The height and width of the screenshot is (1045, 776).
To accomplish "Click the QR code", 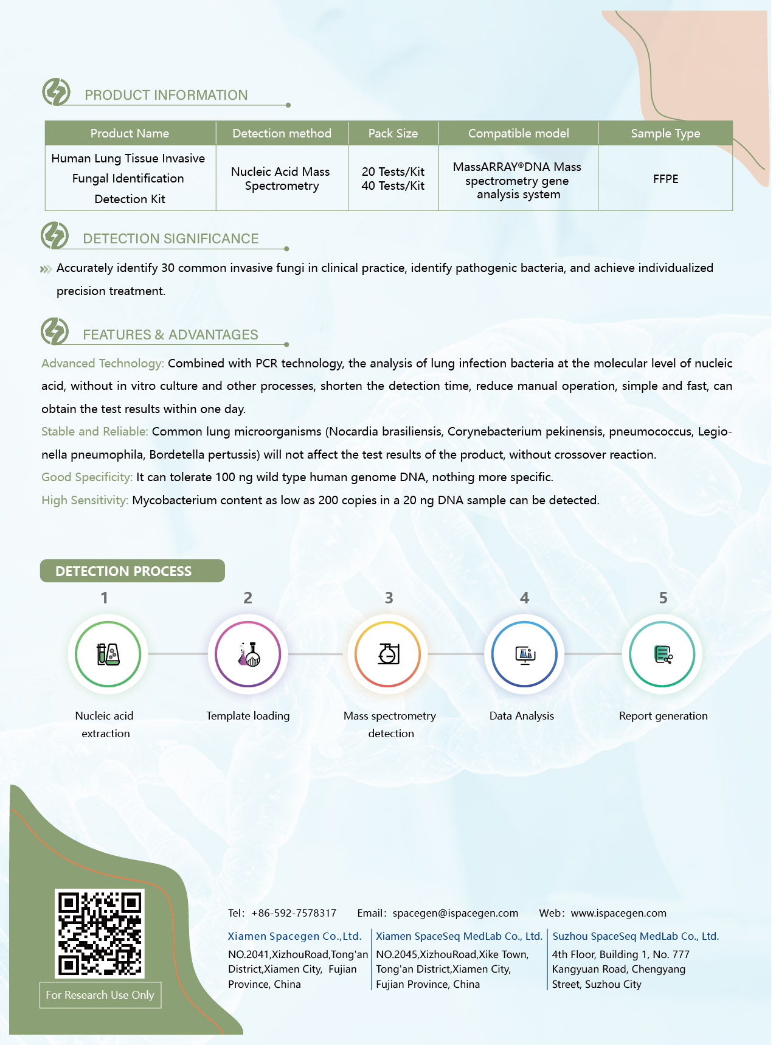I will pos(100,933).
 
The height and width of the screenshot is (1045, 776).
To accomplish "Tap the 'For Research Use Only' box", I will pos(100,995).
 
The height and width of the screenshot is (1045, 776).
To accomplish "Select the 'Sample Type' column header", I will pos(665,133).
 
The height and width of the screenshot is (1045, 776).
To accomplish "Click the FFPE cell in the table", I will pos(665,179).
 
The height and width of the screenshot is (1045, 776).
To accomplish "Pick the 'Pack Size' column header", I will pos(393,133).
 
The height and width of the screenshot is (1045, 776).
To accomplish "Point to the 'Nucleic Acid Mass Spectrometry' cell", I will pos(281,179).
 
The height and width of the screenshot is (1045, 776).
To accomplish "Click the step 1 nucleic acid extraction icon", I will pos(108,654).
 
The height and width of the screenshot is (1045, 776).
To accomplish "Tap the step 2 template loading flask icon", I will pos(248,654).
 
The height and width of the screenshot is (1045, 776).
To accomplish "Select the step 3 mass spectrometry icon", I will pos(388,654).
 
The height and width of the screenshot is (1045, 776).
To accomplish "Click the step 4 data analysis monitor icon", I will pos(524,654).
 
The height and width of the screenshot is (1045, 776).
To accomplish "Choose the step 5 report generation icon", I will pos(662,654).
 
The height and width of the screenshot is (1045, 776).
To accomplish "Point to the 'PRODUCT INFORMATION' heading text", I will pos(166,95).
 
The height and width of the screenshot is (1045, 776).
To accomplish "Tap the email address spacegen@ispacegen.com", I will pos(456,913).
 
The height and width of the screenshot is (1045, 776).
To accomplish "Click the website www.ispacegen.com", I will pos(618,913).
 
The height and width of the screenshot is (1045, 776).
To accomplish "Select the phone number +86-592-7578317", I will pos(294,913).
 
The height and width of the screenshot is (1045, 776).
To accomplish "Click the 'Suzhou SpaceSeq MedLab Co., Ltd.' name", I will pos(636,936).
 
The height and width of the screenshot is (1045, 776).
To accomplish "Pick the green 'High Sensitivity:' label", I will pos(85,501).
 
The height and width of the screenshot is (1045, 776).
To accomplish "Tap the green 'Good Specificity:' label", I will pos(87,477).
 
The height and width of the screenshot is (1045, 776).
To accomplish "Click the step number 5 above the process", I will pos(663,598).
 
